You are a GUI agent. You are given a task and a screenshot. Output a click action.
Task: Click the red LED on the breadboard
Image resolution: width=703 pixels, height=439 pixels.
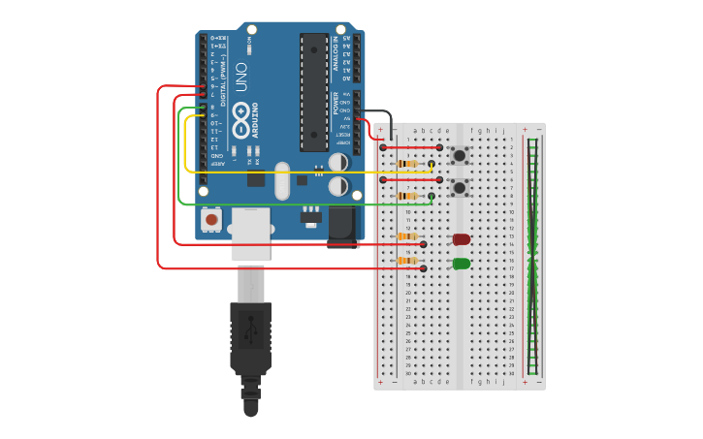click(x=462, y=239)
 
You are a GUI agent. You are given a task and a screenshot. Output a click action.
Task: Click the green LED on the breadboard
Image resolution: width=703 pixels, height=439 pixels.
click(x=462, y=264)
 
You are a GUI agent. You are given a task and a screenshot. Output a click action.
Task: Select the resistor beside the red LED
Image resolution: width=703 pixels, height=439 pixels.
click(x=408, y=236)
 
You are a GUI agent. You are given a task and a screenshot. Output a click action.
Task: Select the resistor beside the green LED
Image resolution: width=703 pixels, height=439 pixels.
click(x=408, y=261)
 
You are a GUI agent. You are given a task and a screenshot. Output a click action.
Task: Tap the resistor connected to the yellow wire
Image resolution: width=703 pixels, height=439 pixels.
click(x=408, y=164)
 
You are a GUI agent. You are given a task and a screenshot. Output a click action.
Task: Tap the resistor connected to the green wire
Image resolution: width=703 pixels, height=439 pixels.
click(x=408, y=196)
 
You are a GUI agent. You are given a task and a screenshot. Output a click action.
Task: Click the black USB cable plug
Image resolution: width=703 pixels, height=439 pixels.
click(x=250, y=339)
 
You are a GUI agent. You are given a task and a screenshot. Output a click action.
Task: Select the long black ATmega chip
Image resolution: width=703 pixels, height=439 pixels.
click(x=313, y=92)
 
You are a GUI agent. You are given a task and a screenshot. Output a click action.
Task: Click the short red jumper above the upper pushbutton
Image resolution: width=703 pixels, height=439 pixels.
click(x=411, y=147)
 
